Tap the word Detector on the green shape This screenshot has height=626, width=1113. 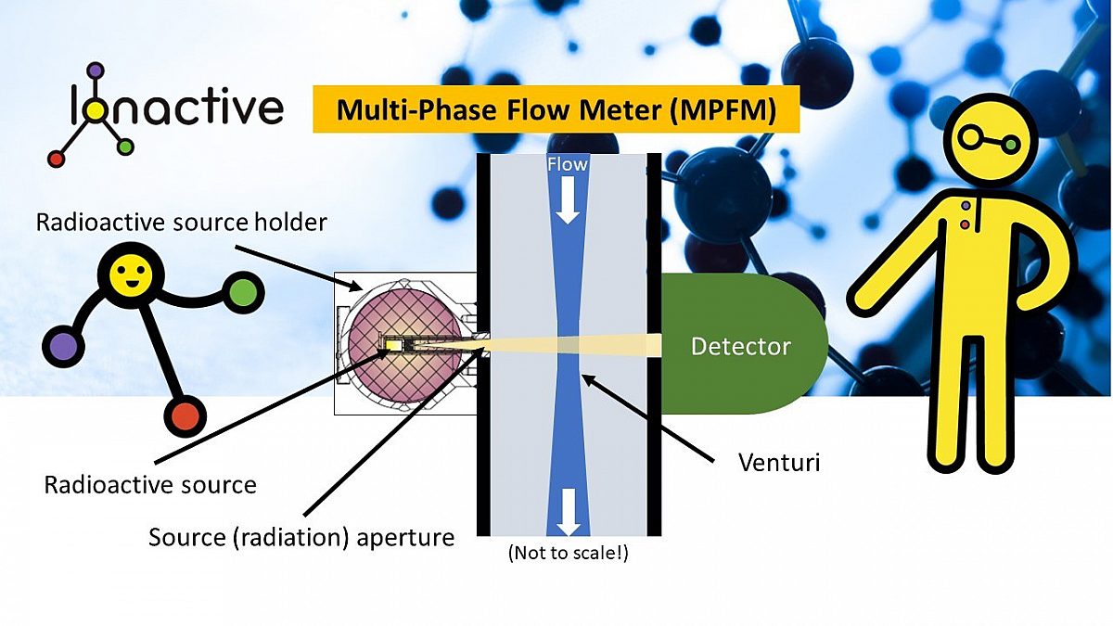click(740, 347)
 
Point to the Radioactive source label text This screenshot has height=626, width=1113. click(149, 484)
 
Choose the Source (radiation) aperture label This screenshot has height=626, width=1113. click(301, 537)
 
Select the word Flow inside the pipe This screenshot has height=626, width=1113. click(567, 164)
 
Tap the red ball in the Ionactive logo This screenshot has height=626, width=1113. click(57, 159)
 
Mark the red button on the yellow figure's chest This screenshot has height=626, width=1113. click(966, 224)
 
